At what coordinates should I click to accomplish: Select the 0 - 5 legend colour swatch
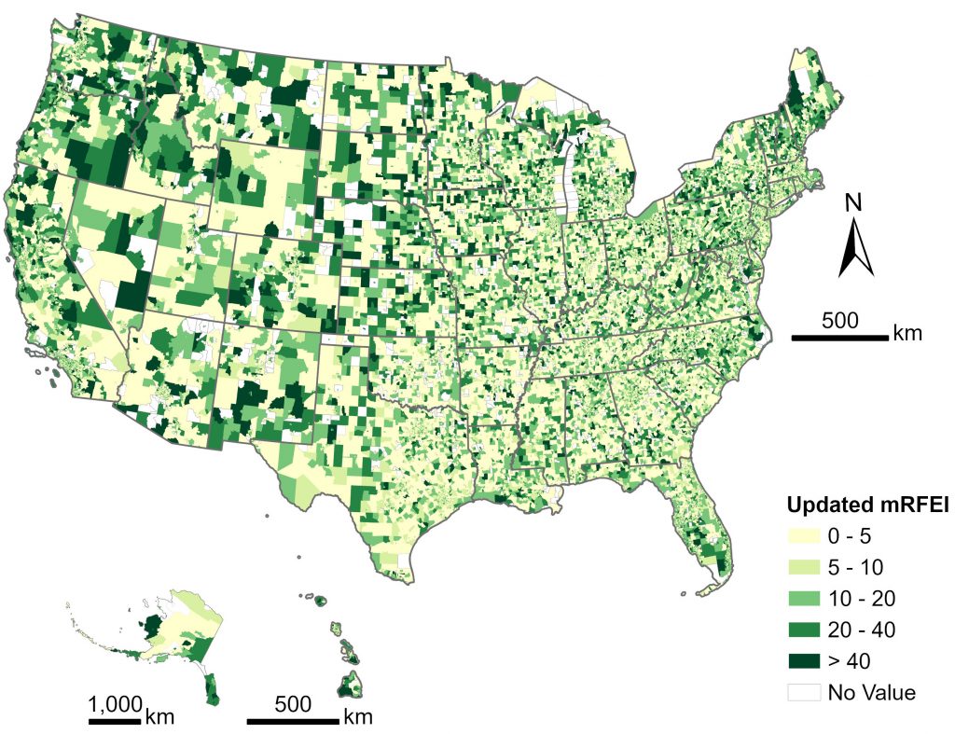point(805,535)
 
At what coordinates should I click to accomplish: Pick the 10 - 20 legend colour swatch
point(805,598)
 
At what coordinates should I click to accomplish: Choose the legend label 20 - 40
point(862,630)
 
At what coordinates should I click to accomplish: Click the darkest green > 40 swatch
point(805,661)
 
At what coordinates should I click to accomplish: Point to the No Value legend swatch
point(805,692)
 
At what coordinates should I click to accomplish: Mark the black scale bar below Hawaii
point(292,720)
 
